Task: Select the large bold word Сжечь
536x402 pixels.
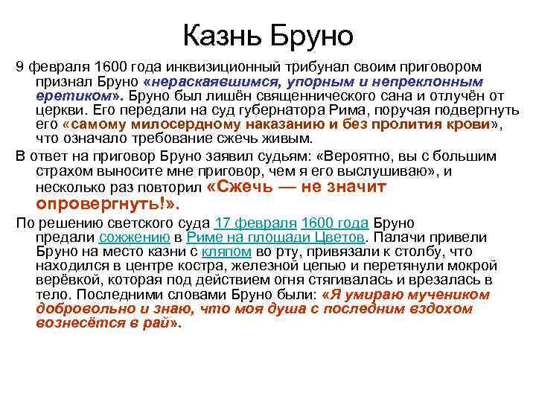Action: pos(238,187)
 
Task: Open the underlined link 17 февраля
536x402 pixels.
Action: pos(255,223)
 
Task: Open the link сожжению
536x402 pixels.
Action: pos(133,237)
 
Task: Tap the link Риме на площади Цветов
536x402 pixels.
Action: pos(275,237)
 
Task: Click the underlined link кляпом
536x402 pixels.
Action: pos(224,252)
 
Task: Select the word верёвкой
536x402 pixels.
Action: pos(66,280)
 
